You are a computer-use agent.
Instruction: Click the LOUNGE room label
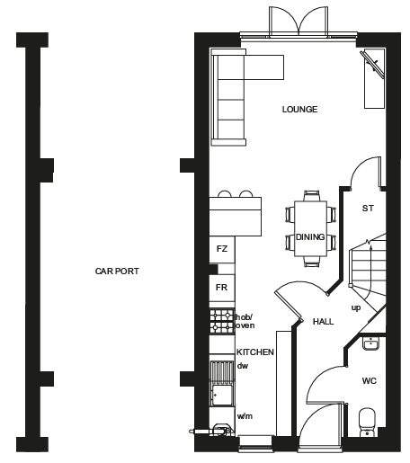[x=299, y=110]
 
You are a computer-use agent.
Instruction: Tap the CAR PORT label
[x=117, y=272]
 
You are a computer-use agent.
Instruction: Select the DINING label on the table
[x=310, y=237]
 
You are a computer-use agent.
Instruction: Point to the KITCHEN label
[x=255, y=352]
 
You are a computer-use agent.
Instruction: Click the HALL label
[x=323, y=322]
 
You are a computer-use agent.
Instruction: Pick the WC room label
[x=370, y=381]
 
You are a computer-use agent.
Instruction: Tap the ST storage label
[x=368, y=209]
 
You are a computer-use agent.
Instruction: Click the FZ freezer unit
[x=222, y=250]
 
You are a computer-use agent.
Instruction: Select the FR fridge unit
[x=222, y=288]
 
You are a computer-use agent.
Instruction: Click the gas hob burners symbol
[x=222, y=321]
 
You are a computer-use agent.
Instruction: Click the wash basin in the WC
[x=371, y=343]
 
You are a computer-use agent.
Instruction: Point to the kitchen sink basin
[x=222, y=396]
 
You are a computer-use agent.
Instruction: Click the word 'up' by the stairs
[x=356, y=308]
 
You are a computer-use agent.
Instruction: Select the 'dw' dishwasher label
[x=243, y=366]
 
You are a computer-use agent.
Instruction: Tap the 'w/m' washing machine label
[x=245, y=416]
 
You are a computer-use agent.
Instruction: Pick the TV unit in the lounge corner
[x=374, y=78]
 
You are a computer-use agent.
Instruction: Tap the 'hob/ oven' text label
[x=245, y=321]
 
